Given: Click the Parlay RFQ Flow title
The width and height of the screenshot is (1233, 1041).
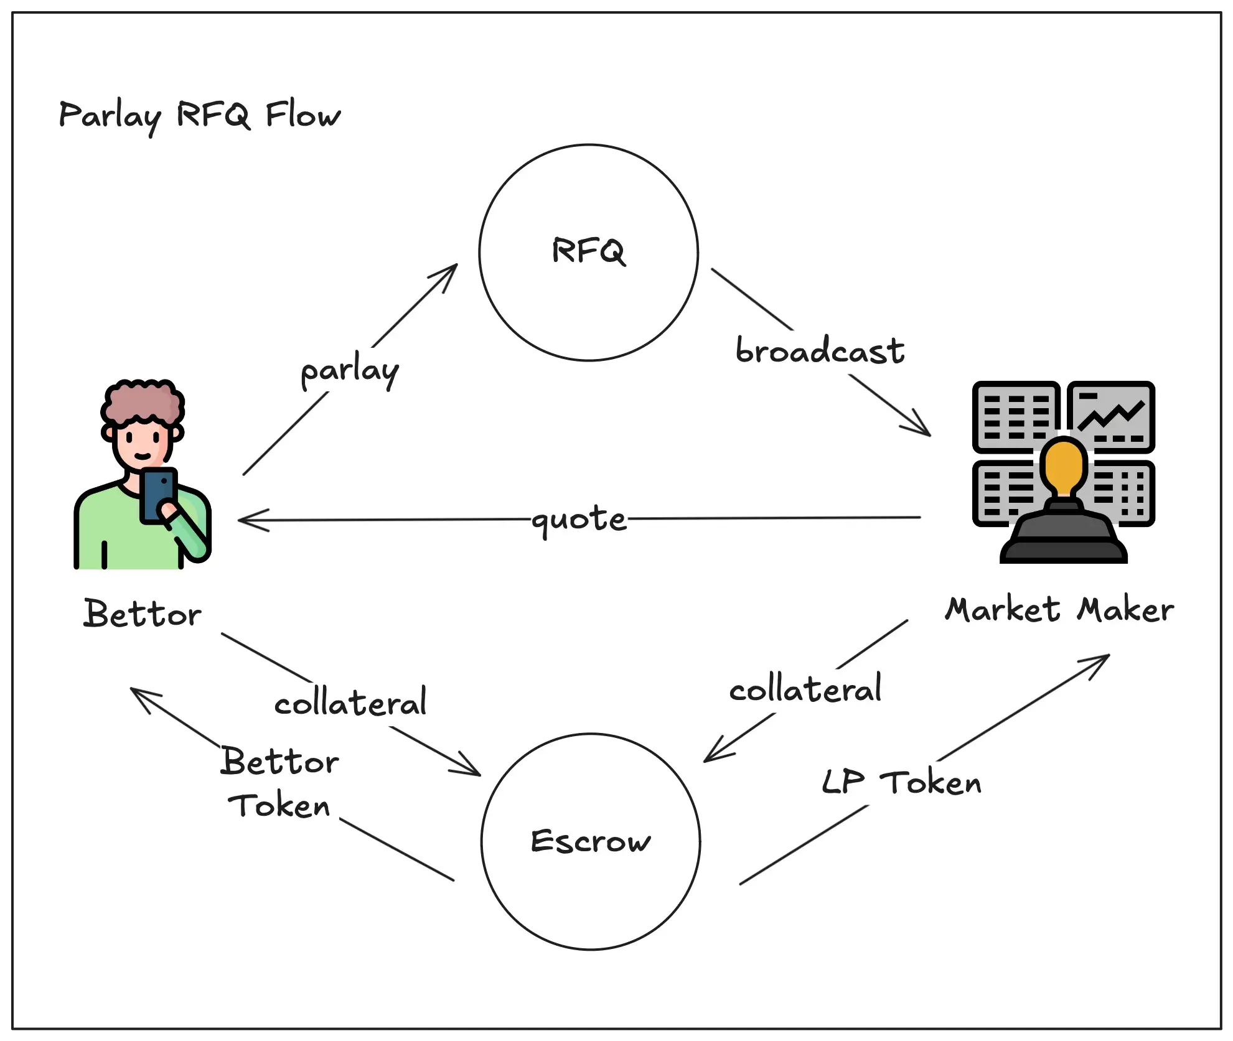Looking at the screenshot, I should coord(199,116).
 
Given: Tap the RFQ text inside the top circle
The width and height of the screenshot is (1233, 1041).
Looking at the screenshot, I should coord(588,251).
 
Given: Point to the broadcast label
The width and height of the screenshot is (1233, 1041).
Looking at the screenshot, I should coord(819,350).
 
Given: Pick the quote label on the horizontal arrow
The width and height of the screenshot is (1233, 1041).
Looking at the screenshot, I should coord(579,519).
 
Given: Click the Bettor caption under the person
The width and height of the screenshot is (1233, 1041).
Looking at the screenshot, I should coord(143,614).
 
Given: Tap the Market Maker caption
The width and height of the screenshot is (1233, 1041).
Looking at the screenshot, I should coord(1059,609).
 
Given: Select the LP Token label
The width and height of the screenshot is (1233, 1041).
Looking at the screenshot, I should coord(901,782).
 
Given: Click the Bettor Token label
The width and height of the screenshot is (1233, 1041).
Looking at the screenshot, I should coord(279,783).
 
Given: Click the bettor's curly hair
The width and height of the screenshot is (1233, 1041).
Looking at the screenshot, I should coord(143,401).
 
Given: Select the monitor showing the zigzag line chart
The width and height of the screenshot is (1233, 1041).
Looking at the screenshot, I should coord(1112,416).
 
